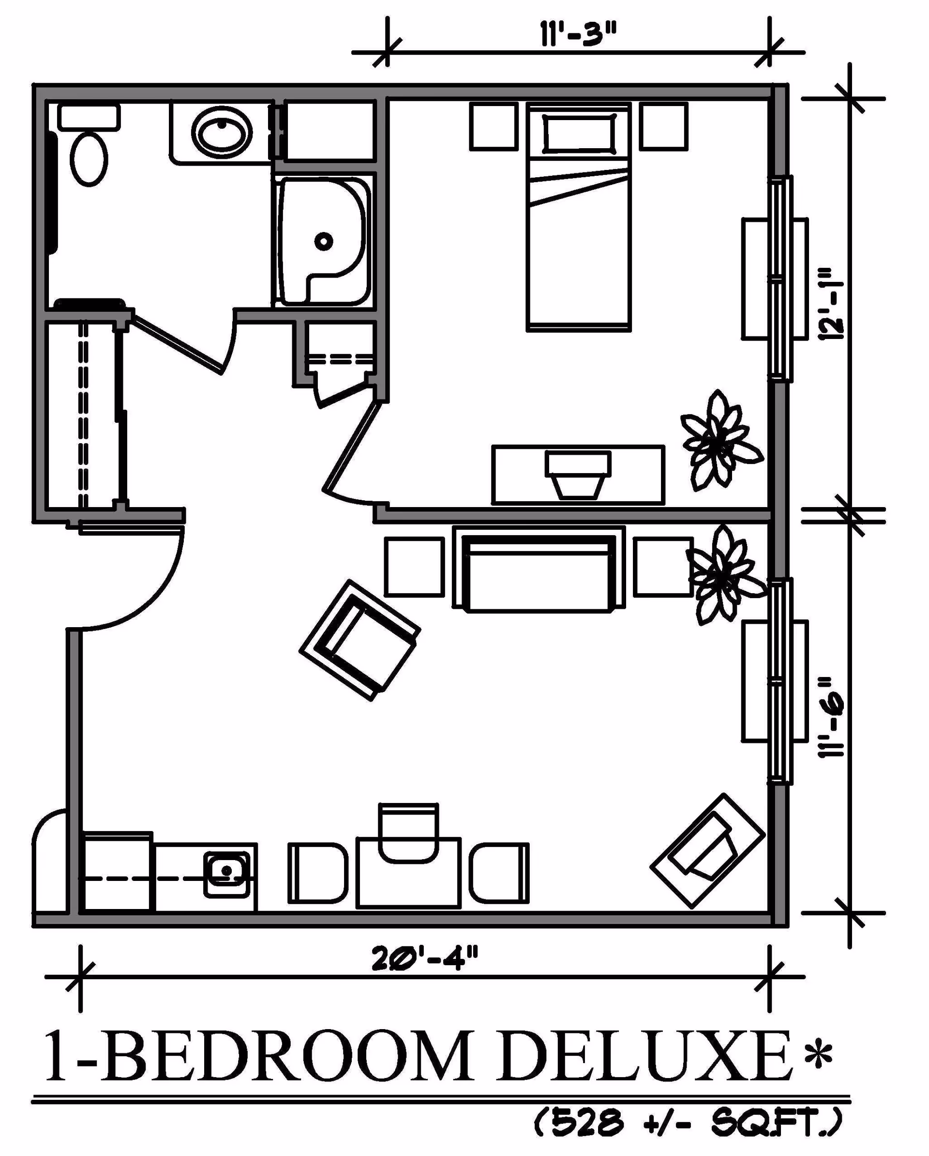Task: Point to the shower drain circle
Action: pyautogui.click(x=324, y=241)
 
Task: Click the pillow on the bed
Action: pyautogui.click(x=579, y=134)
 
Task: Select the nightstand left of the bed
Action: pyautogui.click(x=494, y=126)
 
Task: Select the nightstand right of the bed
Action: pyautogui.click(x=663, y=126)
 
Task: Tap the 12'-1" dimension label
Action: pyautogui.click(x=831, y=311)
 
